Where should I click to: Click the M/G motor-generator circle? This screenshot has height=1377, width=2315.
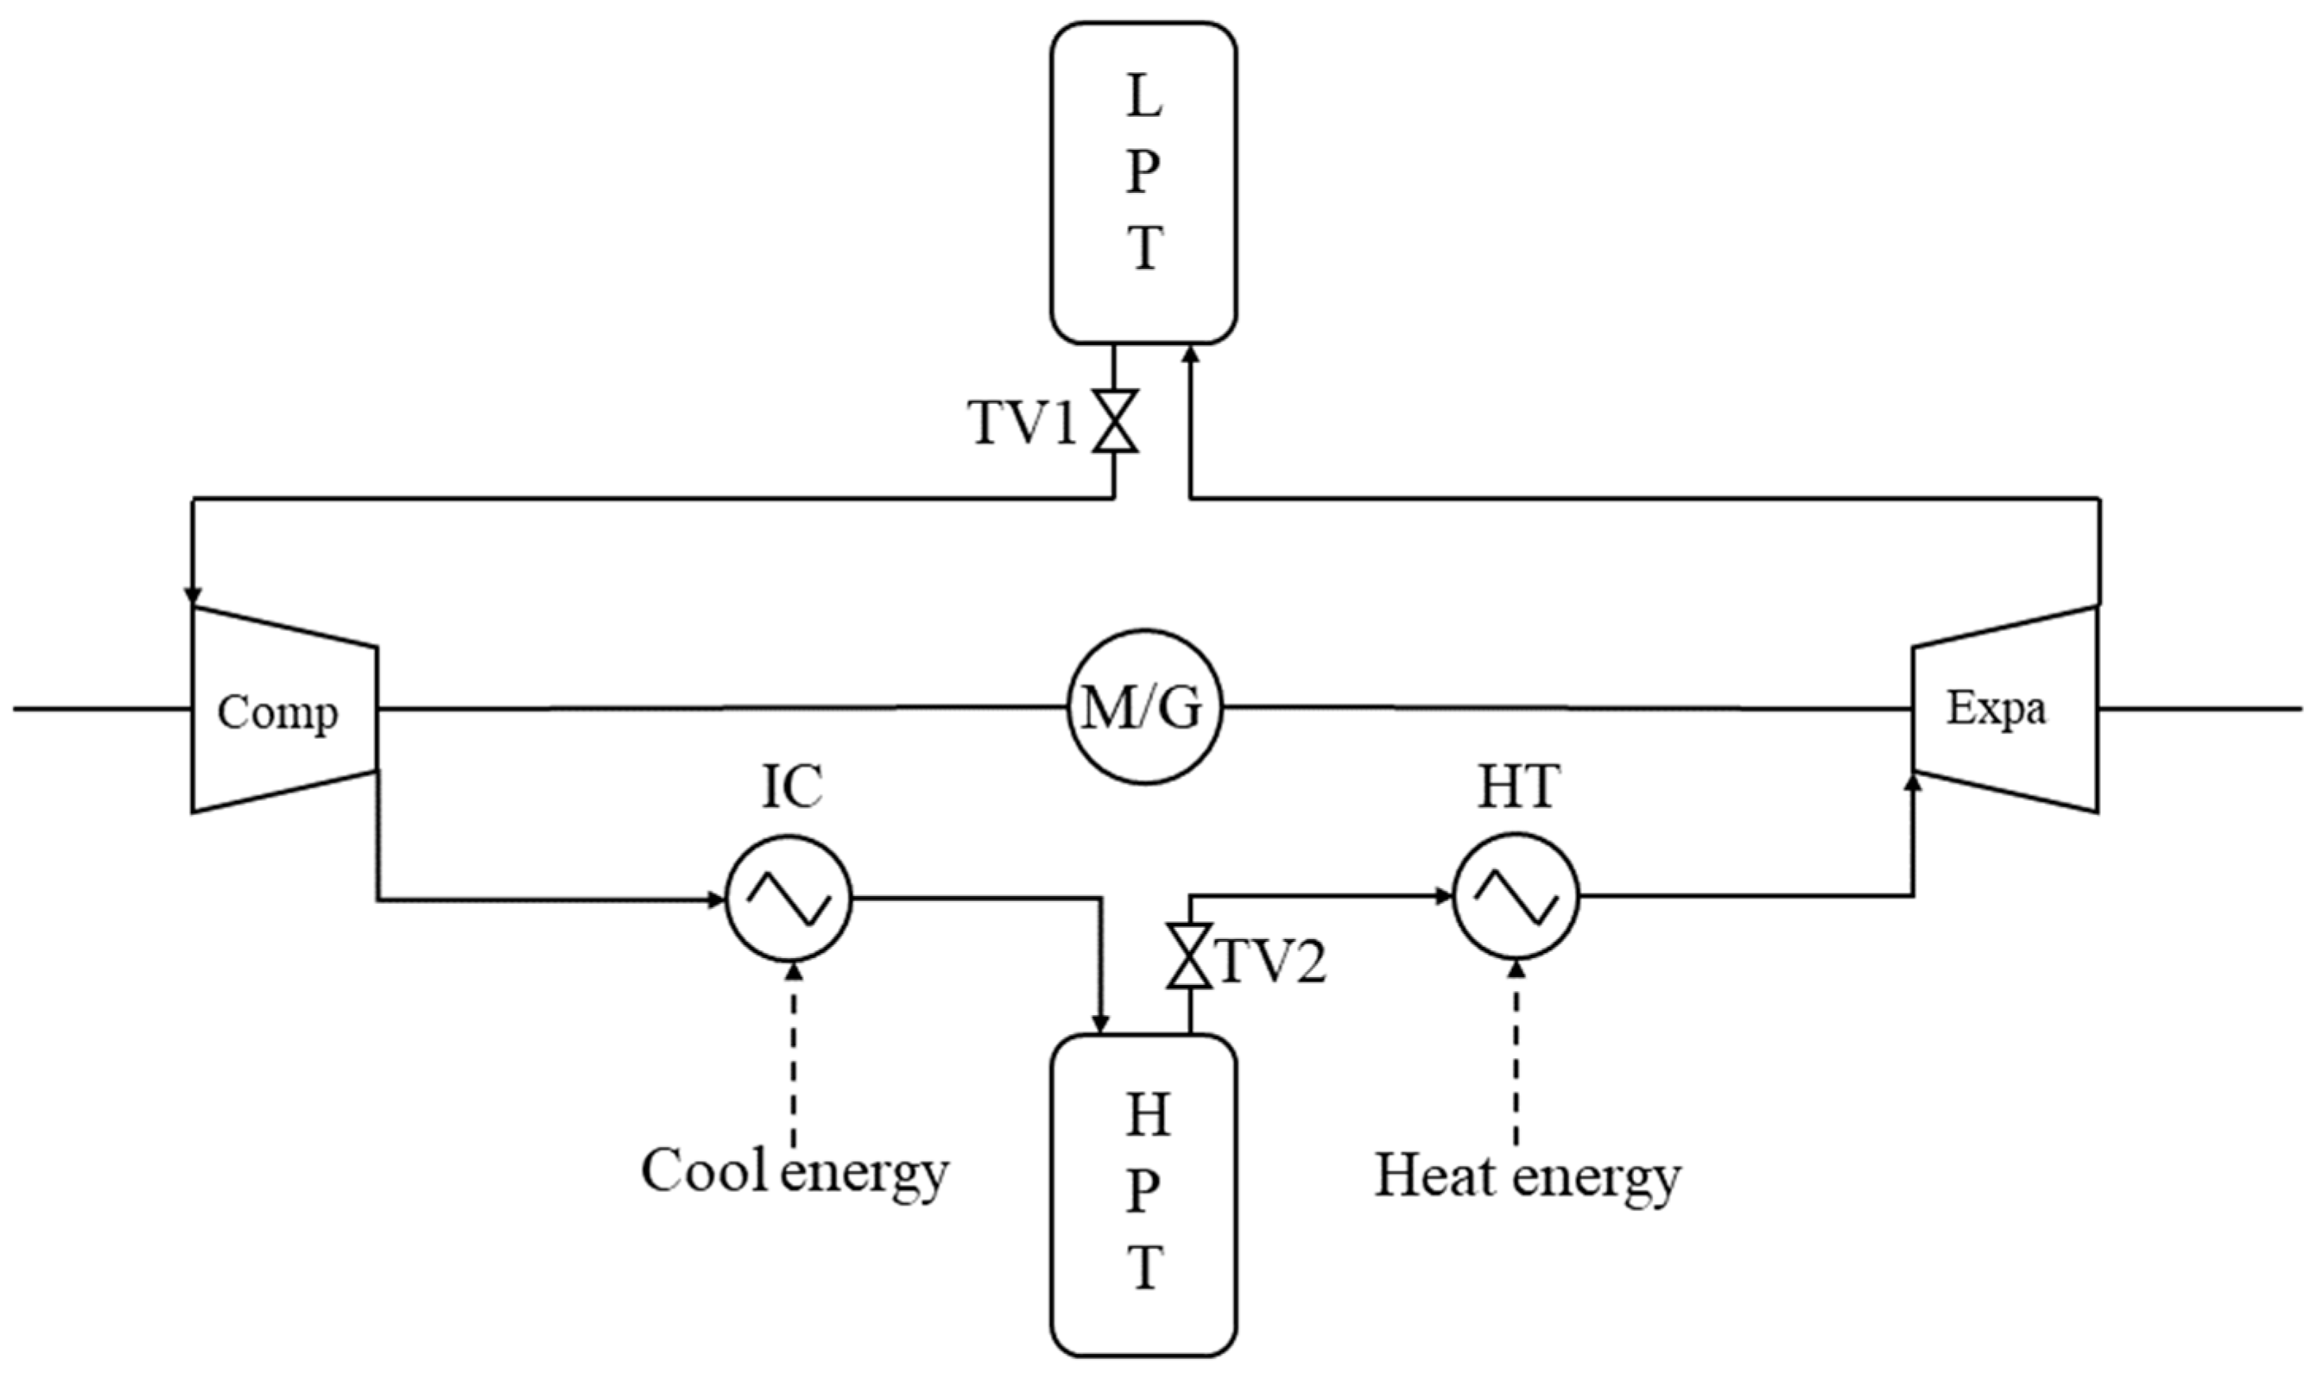coord(1143,707)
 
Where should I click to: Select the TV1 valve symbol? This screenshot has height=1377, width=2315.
coord(1113,421)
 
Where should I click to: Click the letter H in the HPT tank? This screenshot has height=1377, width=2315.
coord(1147,1116)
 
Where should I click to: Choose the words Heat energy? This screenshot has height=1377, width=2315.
coord(1526,1175)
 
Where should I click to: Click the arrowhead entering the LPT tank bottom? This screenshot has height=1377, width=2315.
coord(1190,352)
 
